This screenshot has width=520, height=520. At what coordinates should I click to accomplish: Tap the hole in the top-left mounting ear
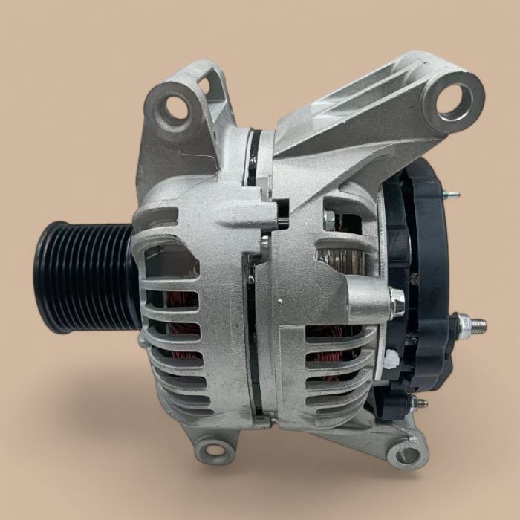coord(175,106)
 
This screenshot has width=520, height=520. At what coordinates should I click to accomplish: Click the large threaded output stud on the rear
coord(476,325)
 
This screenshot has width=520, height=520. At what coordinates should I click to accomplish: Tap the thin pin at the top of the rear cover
coord(452,195)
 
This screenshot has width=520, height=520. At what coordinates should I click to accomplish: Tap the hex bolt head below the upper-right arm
coord(329,218)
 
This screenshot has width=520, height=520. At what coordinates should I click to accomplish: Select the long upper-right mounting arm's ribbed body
coord(357,126)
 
